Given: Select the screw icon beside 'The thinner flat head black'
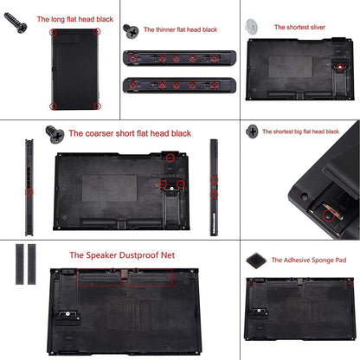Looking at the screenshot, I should pyautogui.click(x=132, y=30).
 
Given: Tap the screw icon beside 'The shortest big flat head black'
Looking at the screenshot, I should pyautogui.click(x=252, y=132).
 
